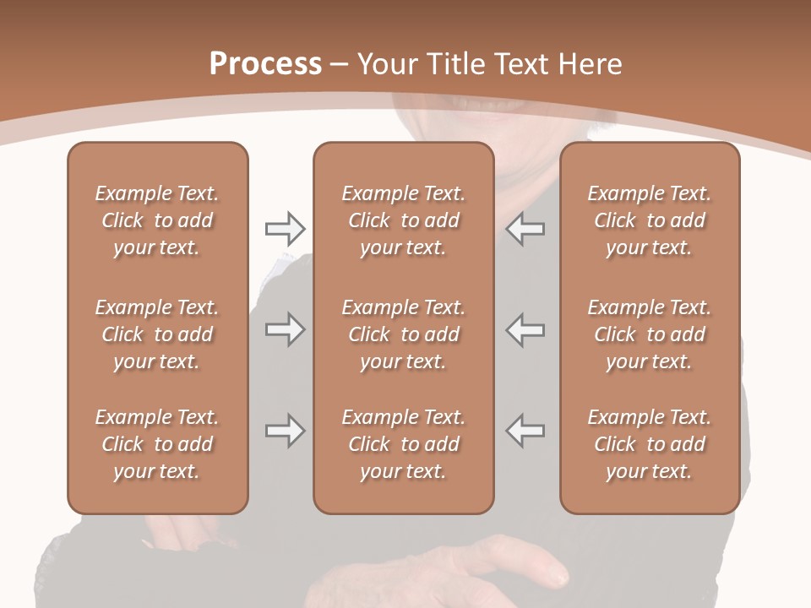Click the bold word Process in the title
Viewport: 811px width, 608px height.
point(265,64)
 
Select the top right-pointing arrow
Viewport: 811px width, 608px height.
point(285,228)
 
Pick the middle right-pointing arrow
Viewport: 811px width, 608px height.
point(285,329)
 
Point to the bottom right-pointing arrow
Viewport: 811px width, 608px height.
point(285,431)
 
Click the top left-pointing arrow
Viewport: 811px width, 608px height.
point(525,228)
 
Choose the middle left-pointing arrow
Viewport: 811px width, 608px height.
point(525,329)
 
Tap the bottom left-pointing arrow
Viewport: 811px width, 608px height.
point(525,431)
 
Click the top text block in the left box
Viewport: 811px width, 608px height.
point(157,220)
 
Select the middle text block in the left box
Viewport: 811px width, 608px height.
point(157,334)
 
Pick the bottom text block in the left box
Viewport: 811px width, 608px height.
point(157,444)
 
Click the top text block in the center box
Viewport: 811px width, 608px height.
point(403,220)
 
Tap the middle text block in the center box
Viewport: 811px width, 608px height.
point(403,334)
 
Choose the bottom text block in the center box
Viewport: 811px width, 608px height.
point(403,444)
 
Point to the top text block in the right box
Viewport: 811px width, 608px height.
point(650,220)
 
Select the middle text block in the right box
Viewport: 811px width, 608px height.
point(650,334)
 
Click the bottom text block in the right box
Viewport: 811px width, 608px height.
point(650,444)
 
